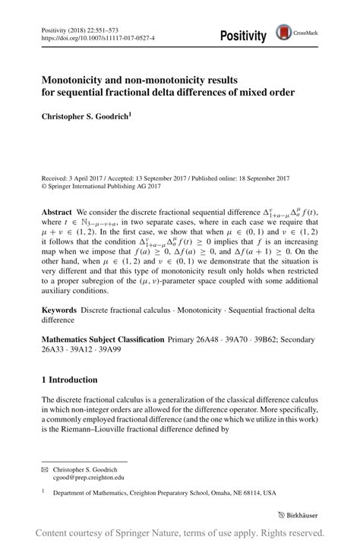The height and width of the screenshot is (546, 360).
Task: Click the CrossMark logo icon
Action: point(283,32)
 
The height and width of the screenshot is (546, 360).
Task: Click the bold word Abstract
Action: point(57,212)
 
